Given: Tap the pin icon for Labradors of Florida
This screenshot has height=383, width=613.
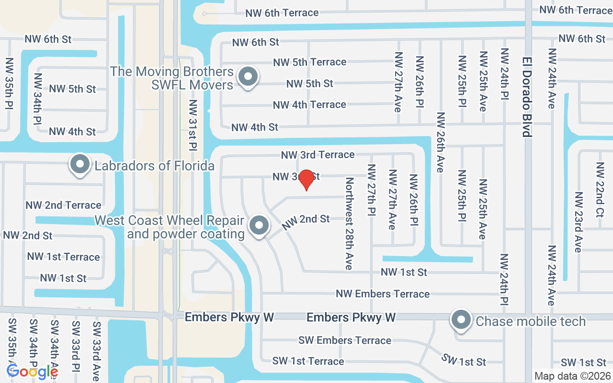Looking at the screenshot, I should [80, 165].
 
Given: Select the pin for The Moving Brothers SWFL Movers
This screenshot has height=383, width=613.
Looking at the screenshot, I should [248, 77].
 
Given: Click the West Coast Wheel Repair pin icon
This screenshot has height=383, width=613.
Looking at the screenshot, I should [259, 225].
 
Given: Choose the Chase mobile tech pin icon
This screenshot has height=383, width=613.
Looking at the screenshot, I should [461, 320].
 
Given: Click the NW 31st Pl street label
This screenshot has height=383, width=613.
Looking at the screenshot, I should [193, 124].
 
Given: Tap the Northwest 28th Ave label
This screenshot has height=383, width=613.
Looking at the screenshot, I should [349, 223].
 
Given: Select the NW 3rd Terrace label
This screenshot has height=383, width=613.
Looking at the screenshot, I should [318, 155].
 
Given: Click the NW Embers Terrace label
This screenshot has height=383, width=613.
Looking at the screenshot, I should [383, 293].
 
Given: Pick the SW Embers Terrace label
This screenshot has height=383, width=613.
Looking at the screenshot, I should [344, 340].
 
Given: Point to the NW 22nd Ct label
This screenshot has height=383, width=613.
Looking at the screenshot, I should [600, 190].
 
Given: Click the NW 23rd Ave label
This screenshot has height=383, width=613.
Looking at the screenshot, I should [579, 222].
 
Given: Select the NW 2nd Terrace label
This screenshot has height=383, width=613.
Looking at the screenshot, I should [64, 205].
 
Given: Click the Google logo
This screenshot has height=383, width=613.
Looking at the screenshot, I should [32, 371].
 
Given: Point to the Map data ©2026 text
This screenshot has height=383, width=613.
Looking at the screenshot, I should [573, 376].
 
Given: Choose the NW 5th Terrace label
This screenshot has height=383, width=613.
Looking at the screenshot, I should [309, 62].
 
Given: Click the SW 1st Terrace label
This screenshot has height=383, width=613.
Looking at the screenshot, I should [308, 361].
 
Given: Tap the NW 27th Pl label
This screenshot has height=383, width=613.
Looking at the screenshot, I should [372, 190].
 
